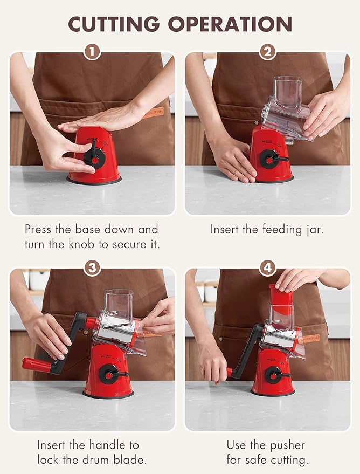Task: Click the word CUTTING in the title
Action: pyautogui.click(x=114, y=24)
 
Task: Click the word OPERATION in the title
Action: pyautogui.click(x=230, y=24)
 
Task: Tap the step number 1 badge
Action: pyautogui.click(x=92, y=52)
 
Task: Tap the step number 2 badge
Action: pyautogui.click(x=268, y=52)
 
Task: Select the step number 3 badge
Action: pyautogui.click(x=92, y=268)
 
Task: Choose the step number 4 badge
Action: pyautogui.click(x=268, y=268)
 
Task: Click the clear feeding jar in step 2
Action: pyautogui.click(x=286, y=109)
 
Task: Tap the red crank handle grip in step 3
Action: pyautogui.click(x=37, y=365)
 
